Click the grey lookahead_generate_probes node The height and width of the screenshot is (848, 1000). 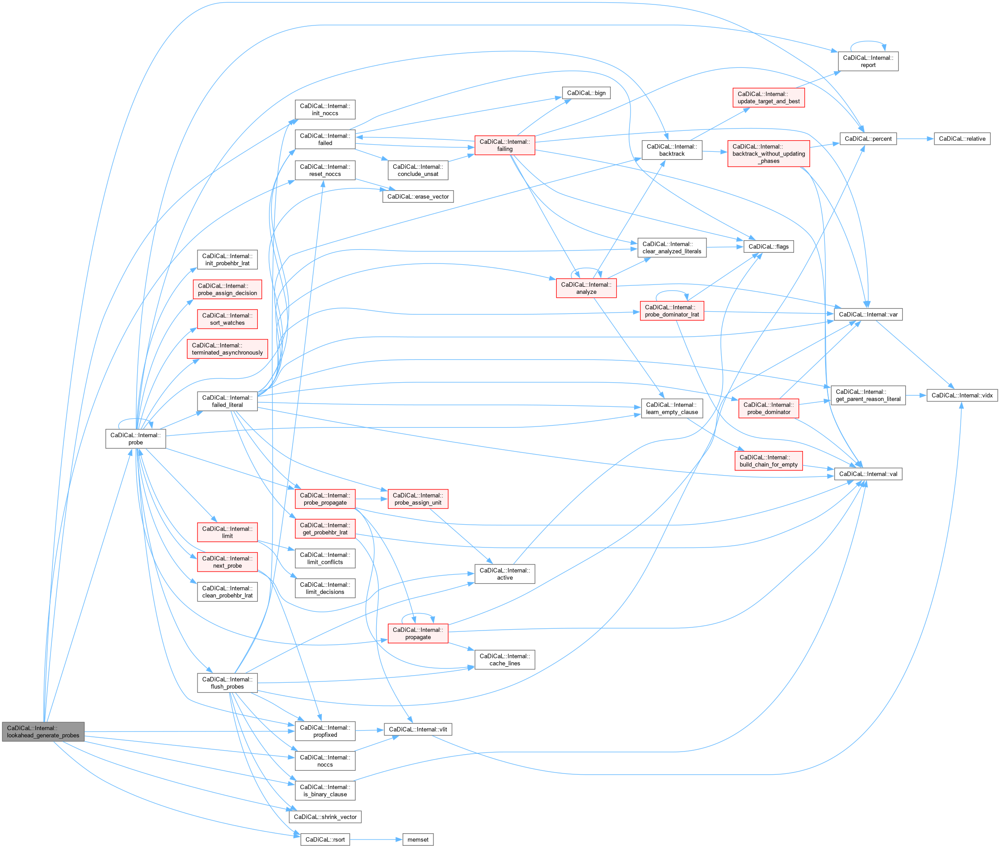pyautogui.click(x=43, y=731)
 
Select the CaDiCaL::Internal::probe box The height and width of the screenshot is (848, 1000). pyautogui.click(x=136, y=439)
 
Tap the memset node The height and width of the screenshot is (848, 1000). pyautogui.click(x=417, y=840)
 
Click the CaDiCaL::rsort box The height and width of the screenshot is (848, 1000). pyautogui.click(x=325, y=840)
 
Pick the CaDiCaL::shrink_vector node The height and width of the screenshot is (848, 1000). pyautogui.click(x=325, y=817)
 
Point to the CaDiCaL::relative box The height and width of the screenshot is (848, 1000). pyautogui.click(x=962, y=139)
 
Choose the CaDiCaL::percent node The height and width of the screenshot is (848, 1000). pyautogui.click(x=868, y=139)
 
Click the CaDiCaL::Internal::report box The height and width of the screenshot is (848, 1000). pyautogui.click(x=868, y=62)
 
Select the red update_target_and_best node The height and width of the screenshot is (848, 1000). pyautogui.click(x=768, y=98)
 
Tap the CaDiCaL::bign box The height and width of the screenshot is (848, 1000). pyautogui.click(x=586, y=93)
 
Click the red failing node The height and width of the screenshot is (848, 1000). pyautogui.click(x=504, y=145)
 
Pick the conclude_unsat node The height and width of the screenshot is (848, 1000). pyautogui.click(x=417, y=170)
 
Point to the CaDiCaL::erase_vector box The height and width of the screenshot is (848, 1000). pyautogui.click(x=417, y=196)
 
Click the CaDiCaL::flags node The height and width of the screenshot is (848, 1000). pyautogui.click(x=768, y=246)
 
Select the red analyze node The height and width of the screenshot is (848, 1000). pyautogui.click(x=586, y=288)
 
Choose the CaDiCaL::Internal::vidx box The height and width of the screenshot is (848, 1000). pyautogui.click(x=962, y=395)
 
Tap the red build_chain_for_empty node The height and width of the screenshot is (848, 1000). pyautogui.click(x=768, y=460)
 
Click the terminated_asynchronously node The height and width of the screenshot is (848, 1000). pyautogui.click(x=227, y=349)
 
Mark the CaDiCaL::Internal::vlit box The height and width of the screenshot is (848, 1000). pyautogui.click(x=417, y=729)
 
